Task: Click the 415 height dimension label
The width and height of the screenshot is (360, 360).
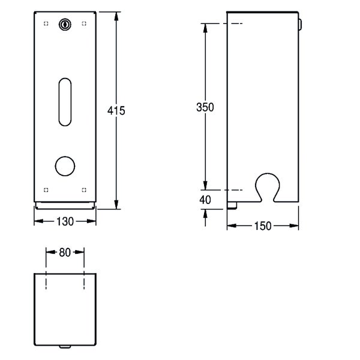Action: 116,111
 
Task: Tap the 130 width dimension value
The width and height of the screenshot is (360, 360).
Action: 65,221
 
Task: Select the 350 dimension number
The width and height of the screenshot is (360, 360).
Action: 205,107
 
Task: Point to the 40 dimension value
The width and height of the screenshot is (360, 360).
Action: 205,200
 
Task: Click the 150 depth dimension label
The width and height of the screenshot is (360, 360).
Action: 263,226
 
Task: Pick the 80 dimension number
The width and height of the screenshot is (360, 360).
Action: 65,253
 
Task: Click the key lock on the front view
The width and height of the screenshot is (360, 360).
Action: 65,25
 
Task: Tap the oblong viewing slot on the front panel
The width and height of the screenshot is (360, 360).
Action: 65,102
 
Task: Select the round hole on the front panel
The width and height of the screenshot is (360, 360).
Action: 65,166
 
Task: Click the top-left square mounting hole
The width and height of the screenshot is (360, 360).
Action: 46,23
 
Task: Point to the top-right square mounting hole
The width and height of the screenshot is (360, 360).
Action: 84,23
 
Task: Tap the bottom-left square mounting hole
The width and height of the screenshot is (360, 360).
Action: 46,190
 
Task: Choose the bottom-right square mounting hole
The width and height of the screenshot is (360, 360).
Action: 84,190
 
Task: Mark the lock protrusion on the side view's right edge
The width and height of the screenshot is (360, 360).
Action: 300,25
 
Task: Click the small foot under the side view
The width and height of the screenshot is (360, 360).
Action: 232,205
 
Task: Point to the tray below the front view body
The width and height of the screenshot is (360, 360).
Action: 65,206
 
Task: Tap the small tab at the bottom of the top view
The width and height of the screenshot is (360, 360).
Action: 65,347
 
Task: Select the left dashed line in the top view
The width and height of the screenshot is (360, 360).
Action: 46,280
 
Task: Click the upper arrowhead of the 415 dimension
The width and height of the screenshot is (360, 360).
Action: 116,17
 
